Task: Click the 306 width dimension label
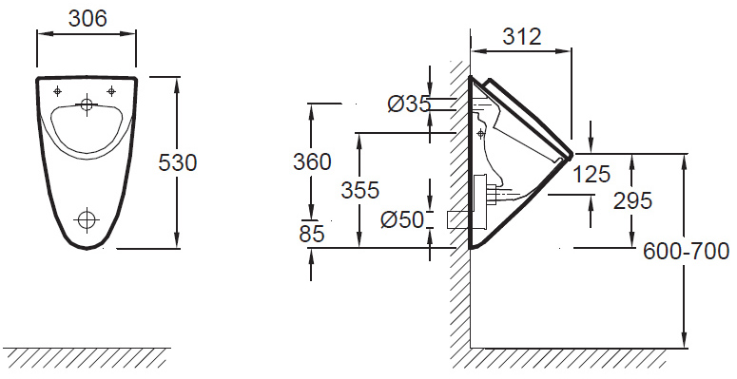point(87,19)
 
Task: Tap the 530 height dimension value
point(177,163)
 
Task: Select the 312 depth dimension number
point(522,37)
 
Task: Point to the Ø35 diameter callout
point(409,104)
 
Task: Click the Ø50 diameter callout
point(402,219)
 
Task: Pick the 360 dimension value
point(312,162)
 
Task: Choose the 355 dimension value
point(359,190)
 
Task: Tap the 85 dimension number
point(312,234)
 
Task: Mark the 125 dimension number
point(592,174)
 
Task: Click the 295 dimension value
point(632,201)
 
